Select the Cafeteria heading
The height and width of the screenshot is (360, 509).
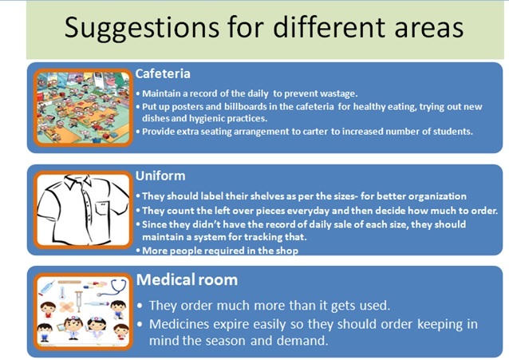coord(163,73)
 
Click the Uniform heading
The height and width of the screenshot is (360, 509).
coord(160,176)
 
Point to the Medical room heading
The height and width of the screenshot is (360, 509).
coord(187,279)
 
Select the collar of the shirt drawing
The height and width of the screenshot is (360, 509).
coord(78,181)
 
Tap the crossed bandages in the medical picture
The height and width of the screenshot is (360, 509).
coord(67,307)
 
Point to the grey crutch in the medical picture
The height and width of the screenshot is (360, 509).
coord(78,301)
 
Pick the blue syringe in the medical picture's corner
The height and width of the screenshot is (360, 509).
coord(46,288)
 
